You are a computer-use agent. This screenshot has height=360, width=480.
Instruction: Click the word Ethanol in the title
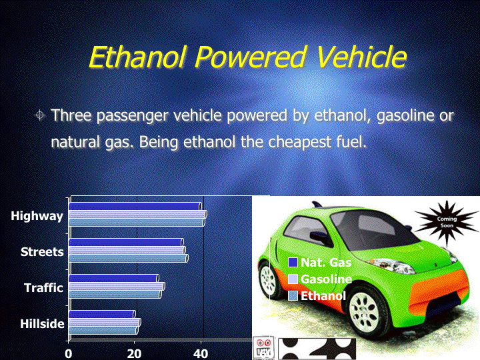coord(137,57)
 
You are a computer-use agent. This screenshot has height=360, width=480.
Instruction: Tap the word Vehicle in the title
coord(361,57)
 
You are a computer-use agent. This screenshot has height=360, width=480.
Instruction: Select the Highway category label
coord(37,216)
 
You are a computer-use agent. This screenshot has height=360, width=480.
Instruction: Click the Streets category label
coord(42,251)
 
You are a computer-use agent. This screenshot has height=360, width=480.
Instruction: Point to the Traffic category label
coord(43,288)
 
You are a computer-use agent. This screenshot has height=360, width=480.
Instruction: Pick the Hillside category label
coord(42,323)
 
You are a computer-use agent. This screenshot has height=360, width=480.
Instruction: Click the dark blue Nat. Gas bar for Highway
coord(135,206)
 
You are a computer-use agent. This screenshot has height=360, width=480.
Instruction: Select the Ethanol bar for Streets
coord(129,259)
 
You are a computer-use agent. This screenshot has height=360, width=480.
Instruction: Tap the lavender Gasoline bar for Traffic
coord(117,287)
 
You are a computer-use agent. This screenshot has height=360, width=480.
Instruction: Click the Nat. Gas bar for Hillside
coord(102,315)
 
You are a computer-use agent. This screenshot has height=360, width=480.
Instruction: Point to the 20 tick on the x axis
coord(134,354)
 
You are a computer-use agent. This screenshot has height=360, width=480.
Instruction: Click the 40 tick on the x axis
coord(201,354)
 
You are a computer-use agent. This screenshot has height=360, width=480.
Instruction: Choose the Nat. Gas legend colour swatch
coord(293,263)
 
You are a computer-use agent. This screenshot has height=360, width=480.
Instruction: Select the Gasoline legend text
coord(326,279)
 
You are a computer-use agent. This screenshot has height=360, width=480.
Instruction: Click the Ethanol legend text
coord(323,296)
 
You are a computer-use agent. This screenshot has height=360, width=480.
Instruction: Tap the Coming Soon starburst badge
coord(447,223)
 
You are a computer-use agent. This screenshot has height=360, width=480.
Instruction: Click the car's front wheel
coord(364,311)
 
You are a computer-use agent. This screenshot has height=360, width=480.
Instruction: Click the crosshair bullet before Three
coord(40,115)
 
